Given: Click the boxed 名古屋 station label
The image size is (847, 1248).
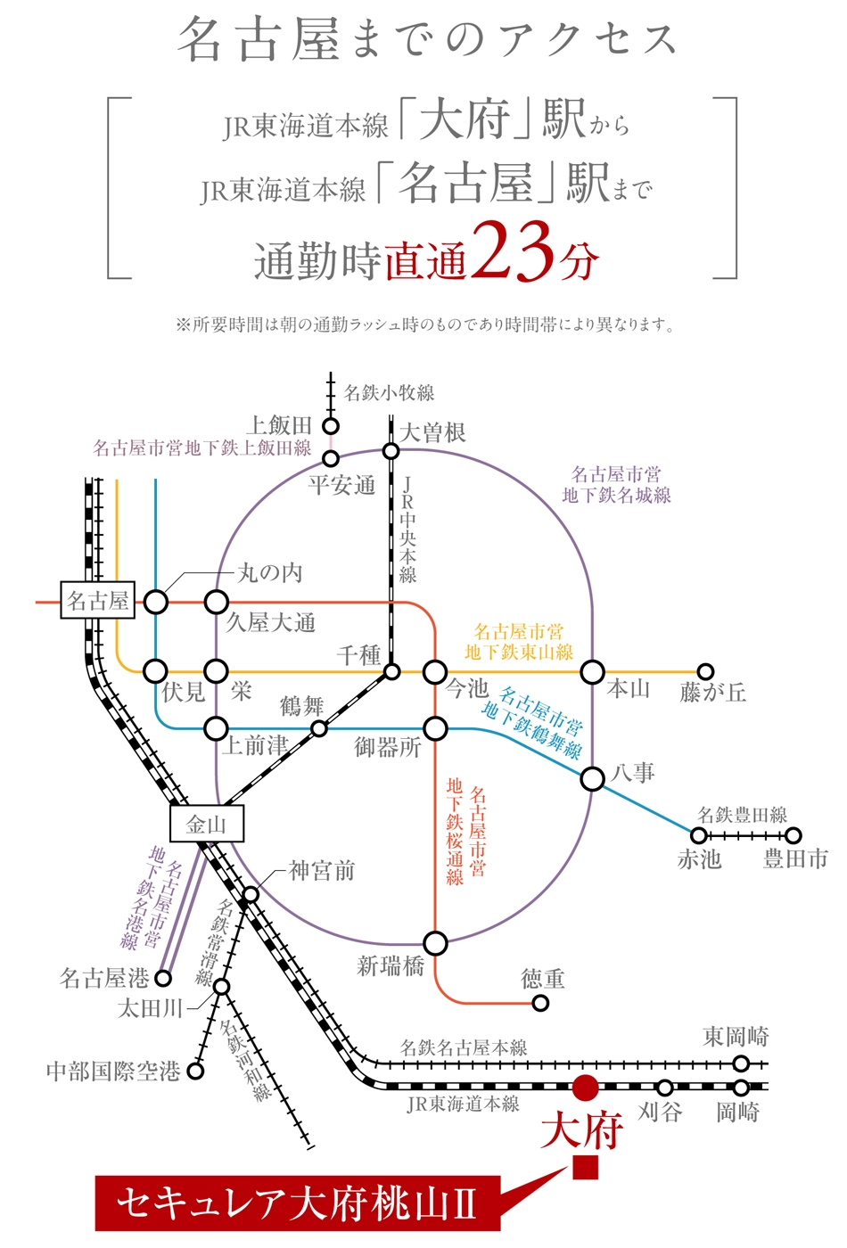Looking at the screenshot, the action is coord(97,600).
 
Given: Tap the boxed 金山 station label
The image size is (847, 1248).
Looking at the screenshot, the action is coord(206,824).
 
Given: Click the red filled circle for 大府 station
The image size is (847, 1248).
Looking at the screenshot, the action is coord(585,1087).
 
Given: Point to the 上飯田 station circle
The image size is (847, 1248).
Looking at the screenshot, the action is coord(331,427).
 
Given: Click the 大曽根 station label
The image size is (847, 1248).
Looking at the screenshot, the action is coord(432,432).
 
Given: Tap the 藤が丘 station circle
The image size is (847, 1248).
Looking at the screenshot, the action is coord(705,670).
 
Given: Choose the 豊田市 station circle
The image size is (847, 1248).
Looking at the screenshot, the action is coord(794,836).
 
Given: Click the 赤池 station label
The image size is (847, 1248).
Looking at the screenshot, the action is coord(699,859).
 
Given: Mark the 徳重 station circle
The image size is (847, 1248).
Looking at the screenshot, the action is coord(540,1004).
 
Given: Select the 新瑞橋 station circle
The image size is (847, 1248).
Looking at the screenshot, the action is coord(435,944).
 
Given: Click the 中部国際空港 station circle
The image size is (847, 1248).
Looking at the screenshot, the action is coord(195,1071).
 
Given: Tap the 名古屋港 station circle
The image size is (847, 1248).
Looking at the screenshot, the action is coord(162,978).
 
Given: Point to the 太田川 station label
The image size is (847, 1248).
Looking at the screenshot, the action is coord(151,1008).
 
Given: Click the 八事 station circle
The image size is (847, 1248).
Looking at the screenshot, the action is coord(592,778).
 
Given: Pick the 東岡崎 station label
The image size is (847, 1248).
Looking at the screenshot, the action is coord(736,1037).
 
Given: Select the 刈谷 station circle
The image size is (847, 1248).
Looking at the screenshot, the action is coord(665,1087).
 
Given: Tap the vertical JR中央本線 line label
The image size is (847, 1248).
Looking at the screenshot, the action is coord(408,530).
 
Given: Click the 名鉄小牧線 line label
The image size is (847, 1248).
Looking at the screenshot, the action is coord(389,393).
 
